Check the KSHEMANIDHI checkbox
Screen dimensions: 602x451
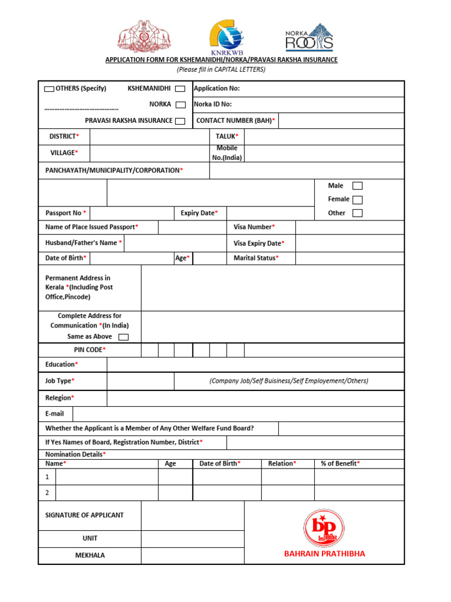tap(180, 89)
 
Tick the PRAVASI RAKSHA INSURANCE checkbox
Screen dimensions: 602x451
tap(180, 121)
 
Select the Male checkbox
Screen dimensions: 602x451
tap(357, 186)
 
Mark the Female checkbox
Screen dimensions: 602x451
tap(357, 200)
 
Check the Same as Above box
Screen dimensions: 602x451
tap(123, 337)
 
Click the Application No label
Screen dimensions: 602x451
tap(217, 89)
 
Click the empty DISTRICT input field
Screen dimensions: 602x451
tap(149, 136)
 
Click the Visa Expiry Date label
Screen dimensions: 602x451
tap(259, 243)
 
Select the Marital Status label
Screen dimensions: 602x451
tap(256, 258)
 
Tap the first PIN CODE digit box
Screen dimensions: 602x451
tap(149, 350)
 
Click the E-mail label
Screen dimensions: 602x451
tap(55, 414)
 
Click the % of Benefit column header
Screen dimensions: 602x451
tap(340, 464)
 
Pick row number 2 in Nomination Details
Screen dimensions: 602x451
tap(47, 493)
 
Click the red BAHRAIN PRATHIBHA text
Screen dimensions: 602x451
tap(324, 554)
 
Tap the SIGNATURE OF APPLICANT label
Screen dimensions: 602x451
tap(85, 515)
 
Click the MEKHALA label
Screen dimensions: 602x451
tap(90, 556)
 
